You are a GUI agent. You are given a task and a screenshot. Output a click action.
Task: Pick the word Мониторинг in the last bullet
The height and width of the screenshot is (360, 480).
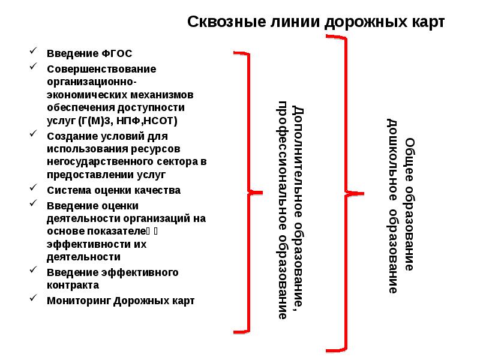click(78, 301)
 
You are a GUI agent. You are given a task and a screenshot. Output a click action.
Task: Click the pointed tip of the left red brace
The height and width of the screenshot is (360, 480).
click(262, 193)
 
